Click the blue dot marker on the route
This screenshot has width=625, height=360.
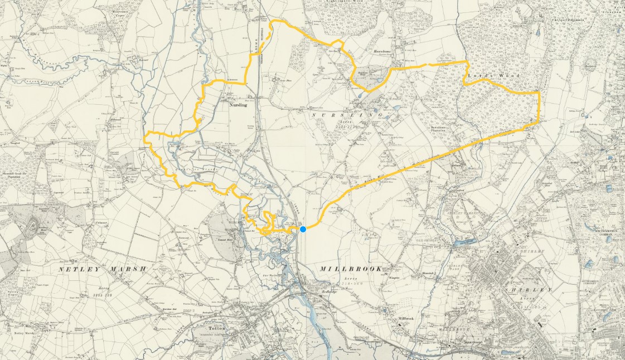(303, 229)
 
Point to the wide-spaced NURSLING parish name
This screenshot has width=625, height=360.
(347, 114)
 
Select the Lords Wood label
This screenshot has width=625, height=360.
(486, 75)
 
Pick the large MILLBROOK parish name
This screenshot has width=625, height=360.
(351, 269)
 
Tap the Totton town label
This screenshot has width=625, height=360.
(216, 329)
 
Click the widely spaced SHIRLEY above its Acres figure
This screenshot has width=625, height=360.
(527, 290)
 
